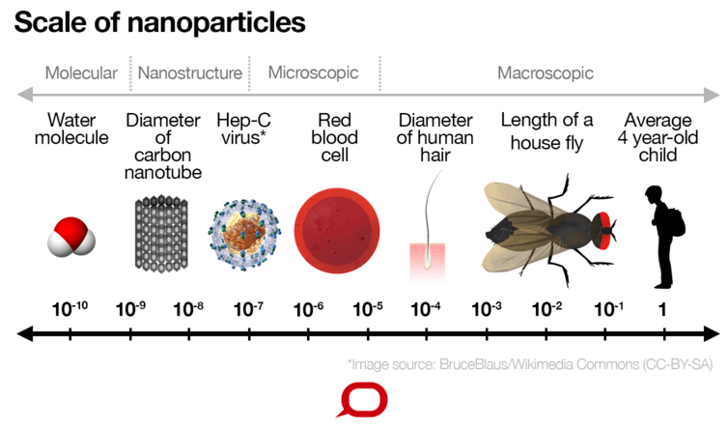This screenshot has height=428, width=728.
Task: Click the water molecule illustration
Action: pyautogui.click(x=71, y=236)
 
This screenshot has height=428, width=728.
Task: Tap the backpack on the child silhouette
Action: pyautogui.click(x=675, y=221)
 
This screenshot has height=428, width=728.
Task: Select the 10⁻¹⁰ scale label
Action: pyautogui.click(x=69, y=309)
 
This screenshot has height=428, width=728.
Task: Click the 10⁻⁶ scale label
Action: pyautogui.click(x=308, y=309)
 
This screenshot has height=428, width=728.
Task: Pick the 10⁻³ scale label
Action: pyautogui.click(x=487, y=309)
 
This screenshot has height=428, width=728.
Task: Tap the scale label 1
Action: pyautogui.click(x=661, y=309)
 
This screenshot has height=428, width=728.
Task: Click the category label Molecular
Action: pyautogui.click(x=81, y=72)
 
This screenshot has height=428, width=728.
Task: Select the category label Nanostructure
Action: pyautogui.click(x=190, y=72)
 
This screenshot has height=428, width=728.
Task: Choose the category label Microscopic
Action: pyautogui.click(x=313, y=72)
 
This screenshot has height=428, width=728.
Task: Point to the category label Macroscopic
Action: pyautogui.click(x=546, y=72)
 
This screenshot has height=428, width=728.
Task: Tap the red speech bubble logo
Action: pyautogui.click(x=365, y=399)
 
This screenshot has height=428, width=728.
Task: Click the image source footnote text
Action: pyautogui.click(x=532, y=364)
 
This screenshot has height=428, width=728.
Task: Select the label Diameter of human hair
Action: pyautogui.click(x=435, y=138)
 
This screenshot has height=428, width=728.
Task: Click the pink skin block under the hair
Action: pyautogui.click(x=427, y=256)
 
